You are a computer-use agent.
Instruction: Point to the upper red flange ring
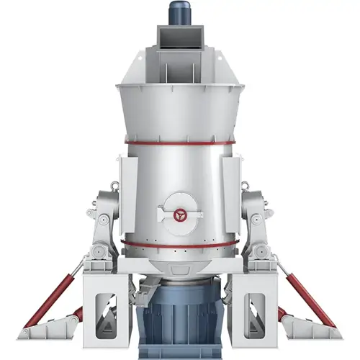tap(179, 143)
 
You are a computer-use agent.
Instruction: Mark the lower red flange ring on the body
tap(179, 247)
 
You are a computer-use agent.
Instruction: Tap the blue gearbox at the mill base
tap(179, 317)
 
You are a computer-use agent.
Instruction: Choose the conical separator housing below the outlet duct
tap(179, 108)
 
